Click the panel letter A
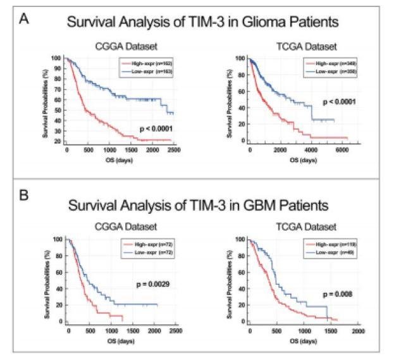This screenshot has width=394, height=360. (25, 19)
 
